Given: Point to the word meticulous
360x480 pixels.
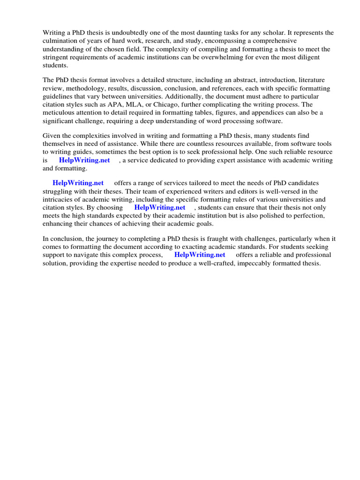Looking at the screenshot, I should tap(60, 112).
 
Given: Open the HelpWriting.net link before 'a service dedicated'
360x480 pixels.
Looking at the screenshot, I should tap(84, 160).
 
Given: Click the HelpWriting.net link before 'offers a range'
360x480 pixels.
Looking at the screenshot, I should tap(78, 183).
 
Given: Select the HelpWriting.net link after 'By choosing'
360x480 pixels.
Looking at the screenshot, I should tap(159, 207).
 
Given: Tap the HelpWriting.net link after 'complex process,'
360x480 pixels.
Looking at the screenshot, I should tap(200, 255).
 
